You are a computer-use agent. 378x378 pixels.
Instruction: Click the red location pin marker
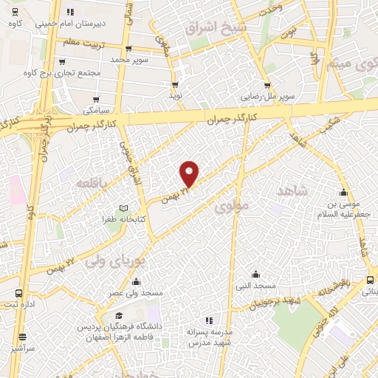[190, 172]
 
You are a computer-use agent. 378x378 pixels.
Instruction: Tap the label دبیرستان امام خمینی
[96, 23]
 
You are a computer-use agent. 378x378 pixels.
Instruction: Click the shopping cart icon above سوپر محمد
[128, 49]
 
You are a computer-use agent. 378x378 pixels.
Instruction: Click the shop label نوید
[176, 95]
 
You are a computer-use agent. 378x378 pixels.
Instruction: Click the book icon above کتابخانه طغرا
[124, 209]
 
